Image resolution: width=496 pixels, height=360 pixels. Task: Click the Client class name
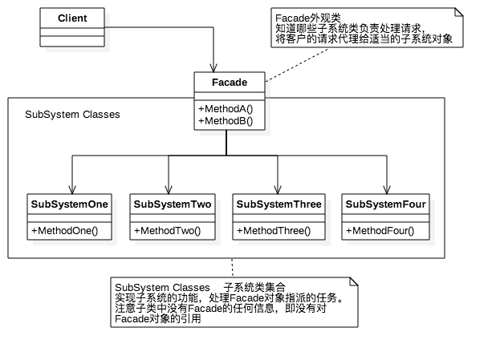point(72,18)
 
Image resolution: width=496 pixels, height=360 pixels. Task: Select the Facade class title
point(230,82)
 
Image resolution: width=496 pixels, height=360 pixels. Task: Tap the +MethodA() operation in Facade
point(226,109)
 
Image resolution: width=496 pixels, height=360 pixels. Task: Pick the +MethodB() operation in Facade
point(226,121)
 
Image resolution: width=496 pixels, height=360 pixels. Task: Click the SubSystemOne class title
point(69,204)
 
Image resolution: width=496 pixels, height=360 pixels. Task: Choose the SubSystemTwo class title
point(173,204)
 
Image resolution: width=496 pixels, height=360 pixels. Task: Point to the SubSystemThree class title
point(278,204)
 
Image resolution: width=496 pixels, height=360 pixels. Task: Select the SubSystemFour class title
point(385,204)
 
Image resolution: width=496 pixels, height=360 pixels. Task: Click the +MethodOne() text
point(64,231)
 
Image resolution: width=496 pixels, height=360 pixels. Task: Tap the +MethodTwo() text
point(167,231)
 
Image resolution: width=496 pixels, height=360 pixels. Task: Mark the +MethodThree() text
point(274,231)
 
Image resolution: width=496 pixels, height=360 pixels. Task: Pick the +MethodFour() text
point(380,231)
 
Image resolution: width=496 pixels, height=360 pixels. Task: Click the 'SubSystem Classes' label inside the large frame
point(72,115)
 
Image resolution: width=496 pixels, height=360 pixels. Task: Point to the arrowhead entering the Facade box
point(213,67)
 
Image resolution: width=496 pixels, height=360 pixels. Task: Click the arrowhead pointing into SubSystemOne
point(72,190)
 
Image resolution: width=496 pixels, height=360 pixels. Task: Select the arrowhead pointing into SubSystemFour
point(387,190)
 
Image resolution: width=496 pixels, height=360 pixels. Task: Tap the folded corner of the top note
point(459,12)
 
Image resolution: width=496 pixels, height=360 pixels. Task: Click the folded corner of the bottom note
point(354,281)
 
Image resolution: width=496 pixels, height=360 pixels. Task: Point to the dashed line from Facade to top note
point(296,65)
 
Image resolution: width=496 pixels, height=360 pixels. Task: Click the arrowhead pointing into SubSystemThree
point(278,190)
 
